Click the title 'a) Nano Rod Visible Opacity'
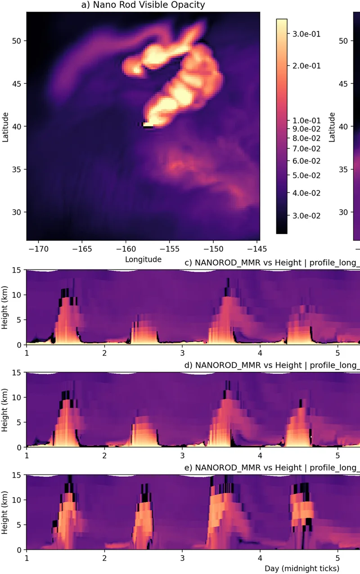tap(142, 5)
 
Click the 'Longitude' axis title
tap(143, 259)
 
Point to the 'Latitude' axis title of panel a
tap(6, 127)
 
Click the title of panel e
tap(272, 468)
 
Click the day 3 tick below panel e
tap(182, 557)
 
